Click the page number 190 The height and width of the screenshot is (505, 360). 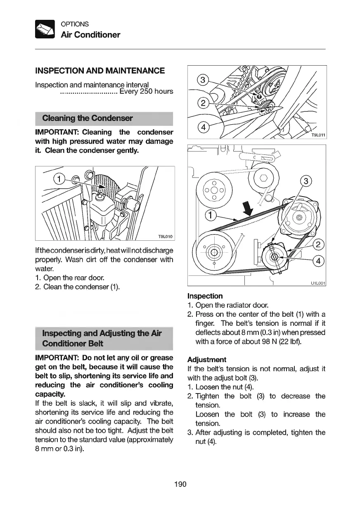tap(180, 484)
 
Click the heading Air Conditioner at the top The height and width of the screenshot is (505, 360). tap(90, 35)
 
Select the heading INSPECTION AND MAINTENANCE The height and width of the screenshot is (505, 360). tap(100, 71)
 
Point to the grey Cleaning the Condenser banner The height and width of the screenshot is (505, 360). tap(104, 119)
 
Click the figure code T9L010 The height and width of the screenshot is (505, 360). tap(165, 237)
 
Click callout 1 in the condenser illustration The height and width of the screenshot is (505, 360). tap(60, 179)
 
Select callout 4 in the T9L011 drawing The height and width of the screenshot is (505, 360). tap(203, 126)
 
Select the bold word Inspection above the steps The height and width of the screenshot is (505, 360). tap(205, 296)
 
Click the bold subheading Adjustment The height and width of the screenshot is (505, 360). tap(206, 360)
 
